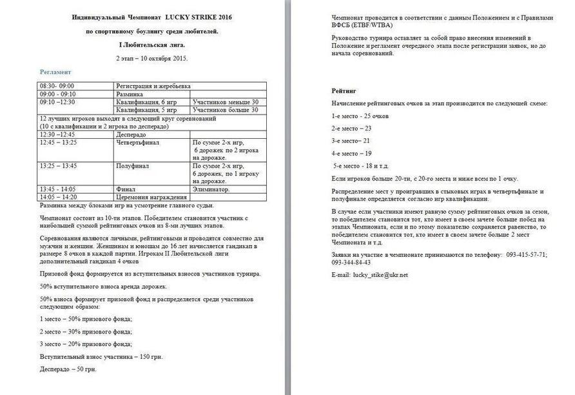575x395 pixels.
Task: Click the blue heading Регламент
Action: [55, 72]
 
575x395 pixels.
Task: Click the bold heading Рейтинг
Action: [344, 92]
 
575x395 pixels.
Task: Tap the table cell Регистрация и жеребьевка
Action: [153, 86]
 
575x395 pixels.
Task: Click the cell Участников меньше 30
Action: [226, 102]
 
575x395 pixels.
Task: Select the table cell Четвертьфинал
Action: [137, 142]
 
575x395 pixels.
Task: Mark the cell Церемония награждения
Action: [151, 197]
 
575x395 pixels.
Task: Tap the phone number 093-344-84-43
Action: [351, 263]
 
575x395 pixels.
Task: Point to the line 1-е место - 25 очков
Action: [360, 116]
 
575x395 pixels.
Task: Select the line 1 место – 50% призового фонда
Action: [86, 319]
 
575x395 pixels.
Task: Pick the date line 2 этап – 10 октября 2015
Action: [152, 58]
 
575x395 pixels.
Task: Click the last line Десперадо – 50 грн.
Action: [68, 369]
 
